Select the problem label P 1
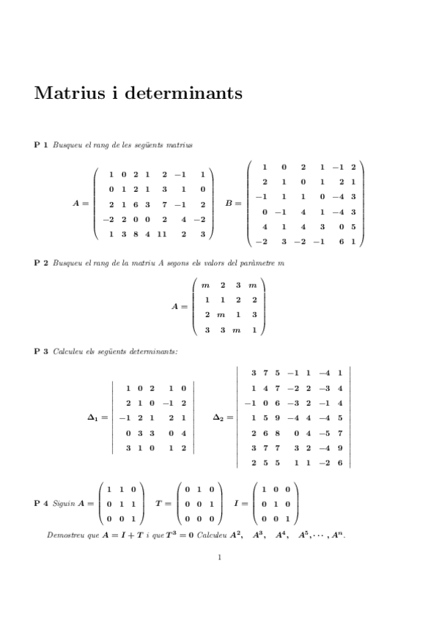(x=41, y=146)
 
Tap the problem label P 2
(x=41, y=263)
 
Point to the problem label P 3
(x=41, y=352)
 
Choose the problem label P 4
(x=41, y=504)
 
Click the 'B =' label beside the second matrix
(x=234, y=204)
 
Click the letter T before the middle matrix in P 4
(x=159, y=504)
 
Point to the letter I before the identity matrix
(x=236, y=504)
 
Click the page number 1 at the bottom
(x=220, y=557)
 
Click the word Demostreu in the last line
(x=63, y=535)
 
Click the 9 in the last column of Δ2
(x=341, y=448)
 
